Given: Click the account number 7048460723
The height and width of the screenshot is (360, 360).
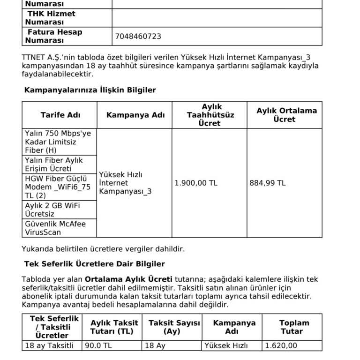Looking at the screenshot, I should pos(138,36).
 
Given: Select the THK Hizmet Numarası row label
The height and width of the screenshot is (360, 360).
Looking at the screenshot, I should pos(50,18).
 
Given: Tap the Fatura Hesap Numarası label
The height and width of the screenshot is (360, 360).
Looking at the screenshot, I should pos(53,36).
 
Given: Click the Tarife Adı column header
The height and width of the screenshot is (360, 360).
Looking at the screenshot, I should pos(60,115).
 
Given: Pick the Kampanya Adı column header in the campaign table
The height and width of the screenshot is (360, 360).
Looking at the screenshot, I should pos(135,115).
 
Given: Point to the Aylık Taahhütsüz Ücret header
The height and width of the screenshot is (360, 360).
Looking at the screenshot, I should pos(210,115).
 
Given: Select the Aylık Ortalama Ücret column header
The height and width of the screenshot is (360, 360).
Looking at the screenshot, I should pos(286,115).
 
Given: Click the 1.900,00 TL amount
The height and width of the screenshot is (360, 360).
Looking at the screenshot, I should pos(196,183).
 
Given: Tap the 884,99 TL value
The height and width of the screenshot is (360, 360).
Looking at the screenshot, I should pos(267,183).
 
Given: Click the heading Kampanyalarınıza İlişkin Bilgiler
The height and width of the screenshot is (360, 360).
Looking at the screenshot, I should pos(90,90).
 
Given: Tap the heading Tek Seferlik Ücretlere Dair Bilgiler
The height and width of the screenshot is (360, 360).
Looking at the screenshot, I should pos(94,264).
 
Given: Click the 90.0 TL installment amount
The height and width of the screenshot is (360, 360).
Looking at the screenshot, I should pos(98,346).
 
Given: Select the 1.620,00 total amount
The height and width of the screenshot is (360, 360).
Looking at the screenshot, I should pos(281,346).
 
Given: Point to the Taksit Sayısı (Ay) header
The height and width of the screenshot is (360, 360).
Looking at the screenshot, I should pos(174,327).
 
